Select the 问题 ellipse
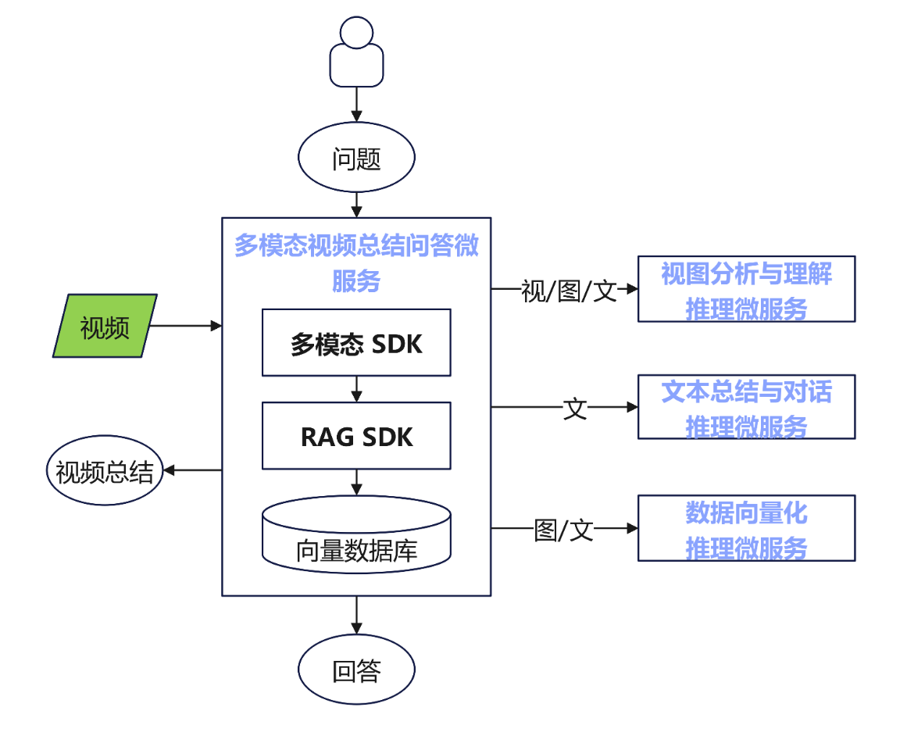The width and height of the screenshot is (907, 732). (356, 159)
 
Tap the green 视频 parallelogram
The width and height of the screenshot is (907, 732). (105, 326)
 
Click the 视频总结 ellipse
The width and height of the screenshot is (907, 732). (105, 471)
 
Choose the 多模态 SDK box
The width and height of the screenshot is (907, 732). (356, 343)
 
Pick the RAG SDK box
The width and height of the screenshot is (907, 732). (356, 436)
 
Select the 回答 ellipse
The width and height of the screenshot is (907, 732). (356, 670)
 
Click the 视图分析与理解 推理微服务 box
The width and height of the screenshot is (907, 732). (746, 289)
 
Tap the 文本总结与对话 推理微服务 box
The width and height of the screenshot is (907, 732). (746, 407)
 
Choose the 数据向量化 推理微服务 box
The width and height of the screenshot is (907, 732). (746, 528)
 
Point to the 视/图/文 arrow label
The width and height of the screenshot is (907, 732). (569, 291)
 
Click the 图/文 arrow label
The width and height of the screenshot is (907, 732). (563, 530)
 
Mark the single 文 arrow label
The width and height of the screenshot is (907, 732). (575, 408)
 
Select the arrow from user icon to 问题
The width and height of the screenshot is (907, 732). (356, 103)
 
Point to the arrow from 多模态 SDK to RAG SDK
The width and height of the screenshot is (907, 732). (356, 388)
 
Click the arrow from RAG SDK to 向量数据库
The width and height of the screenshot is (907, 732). (356, 481)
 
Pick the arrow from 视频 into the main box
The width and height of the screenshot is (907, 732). (184, 325)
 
